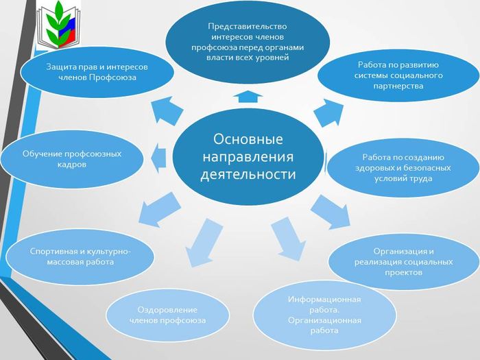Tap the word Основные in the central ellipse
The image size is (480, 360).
248,139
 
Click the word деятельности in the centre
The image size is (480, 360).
248,174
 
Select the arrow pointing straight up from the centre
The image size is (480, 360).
248,97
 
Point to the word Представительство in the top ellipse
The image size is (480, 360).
248,26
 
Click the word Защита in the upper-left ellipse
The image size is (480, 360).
60,67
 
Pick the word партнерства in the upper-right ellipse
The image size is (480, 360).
398,86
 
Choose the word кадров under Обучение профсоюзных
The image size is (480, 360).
72,165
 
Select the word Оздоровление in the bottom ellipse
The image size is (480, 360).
167,310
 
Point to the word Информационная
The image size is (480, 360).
324,300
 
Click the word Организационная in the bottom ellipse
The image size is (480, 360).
324,320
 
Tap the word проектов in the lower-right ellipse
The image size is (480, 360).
403,272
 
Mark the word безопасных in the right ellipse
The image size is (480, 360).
427,168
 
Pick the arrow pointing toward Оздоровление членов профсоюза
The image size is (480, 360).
202,243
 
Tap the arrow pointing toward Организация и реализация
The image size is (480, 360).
331,212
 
